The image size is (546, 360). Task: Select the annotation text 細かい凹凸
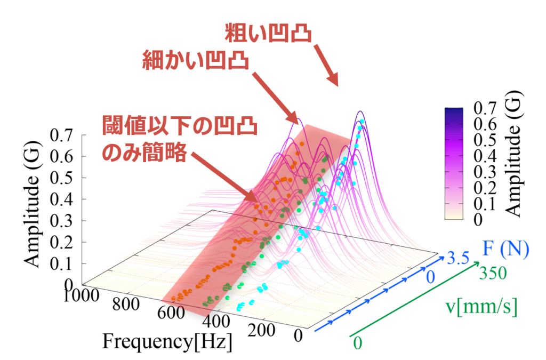[195, 61]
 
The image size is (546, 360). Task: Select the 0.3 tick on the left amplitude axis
[61, 221]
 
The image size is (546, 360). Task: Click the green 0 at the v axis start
[357, 343]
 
